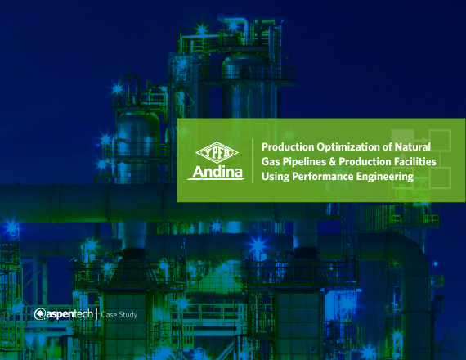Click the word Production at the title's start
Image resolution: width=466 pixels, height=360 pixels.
[x=285, y=146]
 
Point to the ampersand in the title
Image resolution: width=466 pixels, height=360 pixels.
[x=341, y=161]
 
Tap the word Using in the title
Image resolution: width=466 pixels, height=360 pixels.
[x=275, y=176]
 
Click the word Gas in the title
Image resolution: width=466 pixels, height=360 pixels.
[x=271, y=161]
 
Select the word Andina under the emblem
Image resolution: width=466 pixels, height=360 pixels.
[x=216, y=173]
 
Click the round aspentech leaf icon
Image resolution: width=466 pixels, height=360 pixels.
[x=40, y=313]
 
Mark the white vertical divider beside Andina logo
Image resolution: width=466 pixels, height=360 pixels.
[x=252, y=161]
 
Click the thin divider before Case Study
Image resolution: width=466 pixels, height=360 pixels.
[x=97, y=313]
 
